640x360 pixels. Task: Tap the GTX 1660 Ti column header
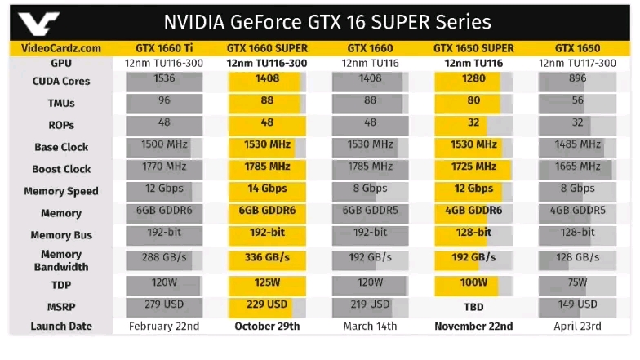158,48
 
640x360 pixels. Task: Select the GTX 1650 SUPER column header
473,48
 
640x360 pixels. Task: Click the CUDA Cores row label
61,82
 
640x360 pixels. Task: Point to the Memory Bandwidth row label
61,260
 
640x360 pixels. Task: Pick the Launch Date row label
61,327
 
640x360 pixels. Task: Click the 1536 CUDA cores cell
158,79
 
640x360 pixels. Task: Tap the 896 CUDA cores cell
577,79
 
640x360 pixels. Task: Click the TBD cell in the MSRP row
473,306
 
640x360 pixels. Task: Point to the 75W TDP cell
577,282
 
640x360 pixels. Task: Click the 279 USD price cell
158,304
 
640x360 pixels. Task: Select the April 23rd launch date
577,327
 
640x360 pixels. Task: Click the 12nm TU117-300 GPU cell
577,63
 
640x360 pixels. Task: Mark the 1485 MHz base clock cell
577,144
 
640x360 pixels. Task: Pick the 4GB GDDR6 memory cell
473,211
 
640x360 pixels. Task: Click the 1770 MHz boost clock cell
158,167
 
